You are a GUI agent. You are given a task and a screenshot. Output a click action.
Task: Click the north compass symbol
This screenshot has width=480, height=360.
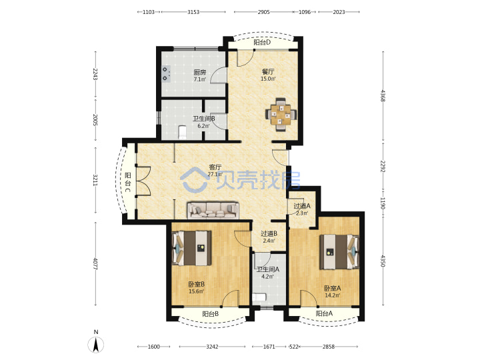pos(96,342)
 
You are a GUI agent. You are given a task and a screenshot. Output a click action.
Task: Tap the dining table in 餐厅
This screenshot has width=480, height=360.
pos(281,115)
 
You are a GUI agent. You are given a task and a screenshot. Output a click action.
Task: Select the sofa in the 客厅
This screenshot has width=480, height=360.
pos(213,210)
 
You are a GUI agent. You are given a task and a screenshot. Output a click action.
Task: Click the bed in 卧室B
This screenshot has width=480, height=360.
pos(191,248)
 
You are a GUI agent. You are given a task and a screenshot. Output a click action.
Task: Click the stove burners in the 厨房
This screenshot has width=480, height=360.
pos(165,74)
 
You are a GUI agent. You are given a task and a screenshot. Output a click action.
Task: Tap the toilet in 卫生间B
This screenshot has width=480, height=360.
pos(182,132)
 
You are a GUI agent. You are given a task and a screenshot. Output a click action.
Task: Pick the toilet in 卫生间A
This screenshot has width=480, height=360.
pos(259,297)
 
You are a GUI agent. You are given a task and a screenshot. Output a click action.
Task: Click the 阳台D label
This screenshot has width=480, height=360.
pos(262,42)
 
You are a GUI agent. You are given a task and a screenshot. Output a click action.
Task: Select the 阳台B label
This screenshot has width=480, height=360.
pos(211,313)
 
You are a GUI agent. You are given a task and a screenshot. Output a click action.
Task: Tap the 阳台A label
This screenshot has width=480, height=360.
pos(324,313)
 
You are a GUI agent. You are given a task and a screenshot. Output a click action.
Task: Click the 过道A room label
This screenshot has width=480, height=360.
pos(302,206)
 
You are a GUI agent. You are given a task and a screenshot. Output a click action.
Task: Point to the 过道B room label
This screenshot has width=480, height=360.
pos(269,233)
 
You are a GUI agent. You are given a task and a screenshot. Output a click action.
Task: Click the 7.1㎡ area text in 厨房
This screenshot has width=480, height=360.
pos(199,79)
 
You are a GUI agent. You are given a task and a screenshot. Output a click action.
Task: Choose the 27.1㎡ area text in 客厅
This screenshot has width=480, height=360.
pos(215,174)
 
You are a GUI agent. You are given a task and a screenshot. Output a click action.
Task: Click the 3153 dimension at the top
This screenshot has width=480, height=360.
pos(193,12)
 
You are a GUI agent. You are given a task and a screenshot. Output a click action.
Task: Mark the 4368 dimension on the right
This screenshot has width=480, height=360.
pos(383,95)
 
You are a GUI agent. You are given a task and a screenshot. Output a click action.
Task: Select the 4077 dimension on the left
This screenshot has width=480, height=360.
pos(95,263)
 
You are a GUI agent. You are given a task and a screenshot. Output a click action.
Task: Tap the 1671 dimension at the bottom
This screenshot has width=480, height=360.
pos(269,347)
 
